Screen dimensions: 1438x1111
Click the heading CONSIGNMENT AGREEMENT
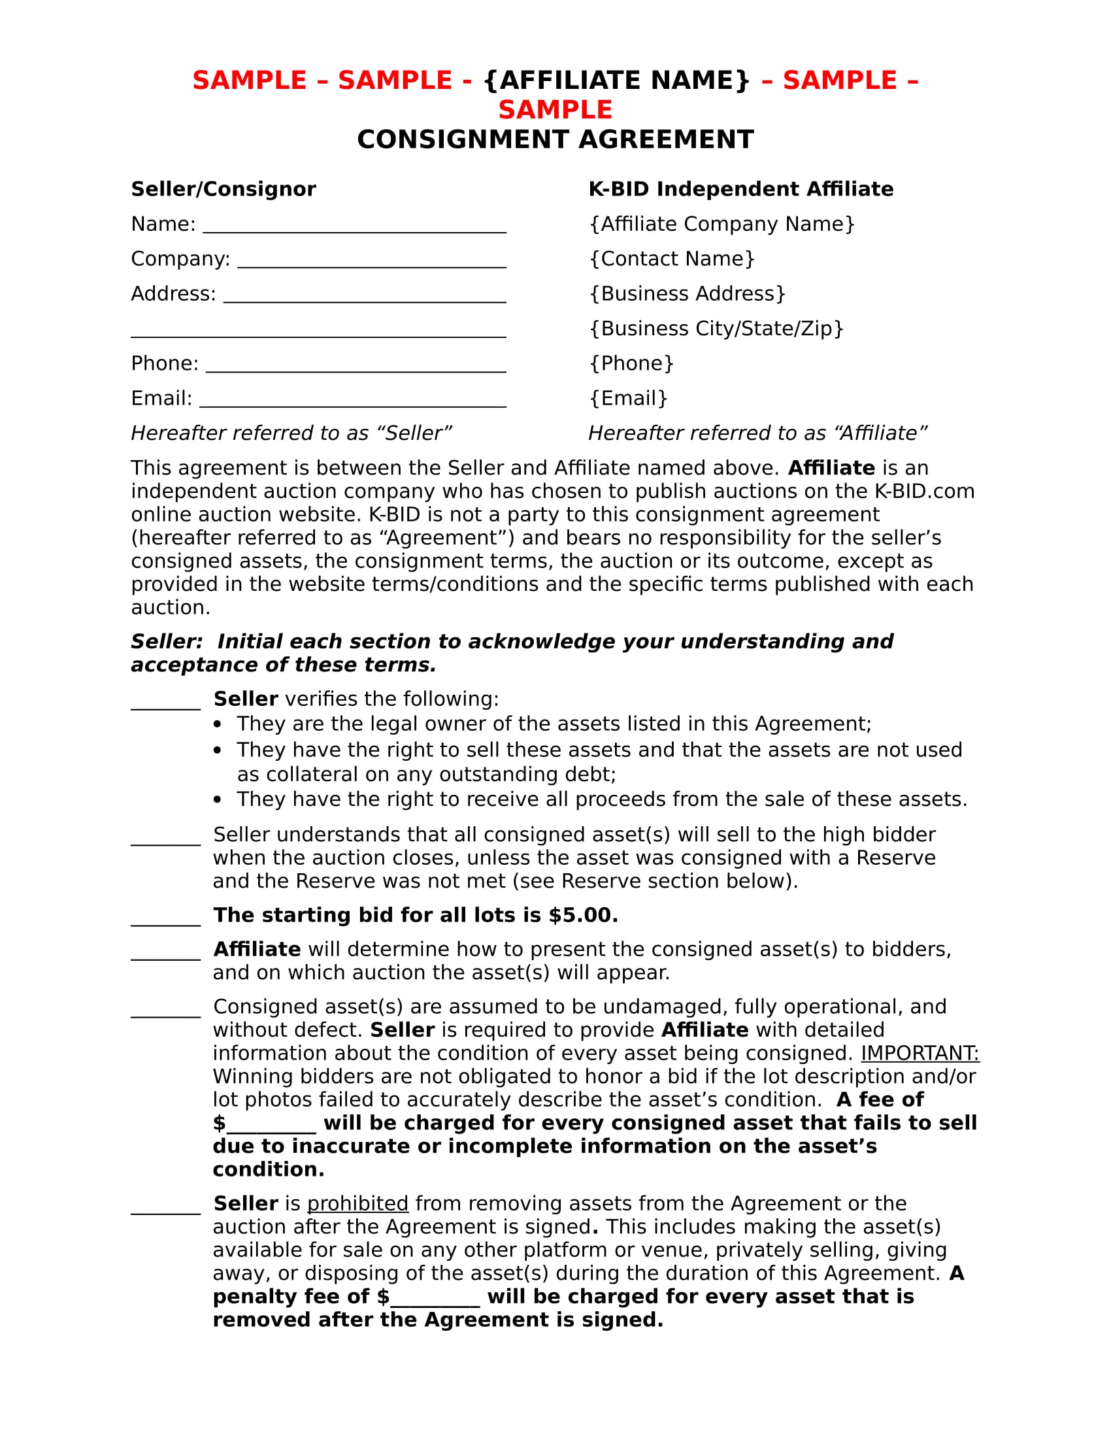(x=555, y=140)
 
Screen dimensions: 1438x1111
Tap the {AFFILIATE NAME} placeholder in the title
(x=617, y=80)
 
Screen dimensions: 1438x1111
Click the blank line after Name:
(x=354, y=229)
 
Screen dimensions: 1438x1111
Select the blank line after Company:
(x=371, y=263)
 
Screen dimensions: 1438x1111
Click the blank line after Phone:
(x=356, y=368)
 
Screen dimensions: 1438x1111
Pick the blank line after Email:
(x=352, y=403)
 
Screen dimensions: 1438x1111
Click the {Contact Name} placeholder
(x=671, y=259)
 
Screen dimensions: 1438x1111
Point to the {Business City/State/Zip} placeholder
(x=716, y=329)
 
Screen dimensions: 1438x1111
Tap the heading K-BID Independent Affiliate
(x=740, y=189)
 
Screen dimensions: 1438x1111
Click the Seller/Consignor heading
(x=223, y=189)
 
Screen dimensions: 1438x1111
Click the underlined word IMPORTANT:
(x=920, y=1054)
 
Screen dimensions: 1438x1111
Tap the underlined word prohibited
(x=357, y=1203)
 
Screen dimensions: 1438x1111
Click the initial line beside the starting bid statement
(x=165, y=920)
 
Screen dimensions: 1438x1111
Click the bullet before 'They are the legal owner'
(x=218, y=724)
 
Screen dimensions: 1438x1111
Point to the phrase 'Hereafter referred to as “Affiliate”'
(x=757, y=433)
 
